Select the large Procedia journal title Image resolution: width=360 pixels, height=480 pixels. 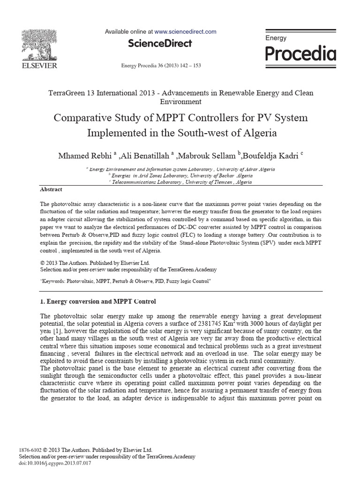(300, 54)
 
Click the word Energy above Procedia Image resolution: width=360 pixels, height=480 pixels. (276, 38)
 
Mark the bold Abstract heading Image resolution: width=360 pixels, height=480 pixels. (51, 189)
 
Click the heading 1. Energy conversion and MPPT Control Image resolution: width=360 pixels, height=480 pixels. (98, 301)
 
